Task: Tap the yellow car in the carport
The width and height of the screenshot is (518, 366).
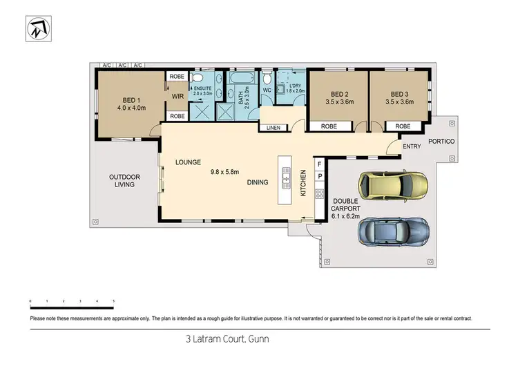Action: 392,185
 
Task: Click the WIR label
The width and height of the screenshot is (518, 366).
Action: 178,96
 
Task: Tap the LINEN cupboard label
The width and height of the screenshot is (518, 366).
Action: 273,127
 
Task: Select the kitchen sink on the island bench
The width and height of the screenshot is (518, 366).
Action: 285,181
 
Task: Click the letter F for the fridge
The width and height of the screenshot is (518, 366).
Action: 319,164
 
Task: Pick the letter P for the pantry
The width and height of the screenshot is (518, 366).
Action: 319,177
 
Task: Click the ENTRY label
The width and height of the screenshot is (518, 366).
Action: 412,146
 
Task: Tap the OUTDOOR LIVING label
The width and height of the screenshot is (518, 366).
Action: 124,181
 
